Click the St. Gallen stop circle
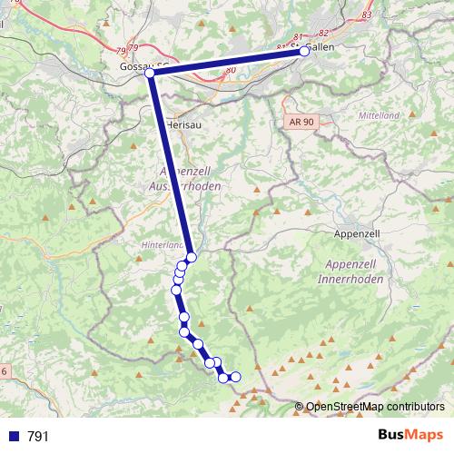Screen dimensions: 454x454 pyautogui.click(x=304, y=52)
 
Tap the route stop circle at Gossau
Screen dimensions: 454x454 pyautogui.click(x=150, y=72)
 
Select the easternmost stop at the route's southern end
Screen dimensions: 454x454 pyautogui.click(x=236, y=377)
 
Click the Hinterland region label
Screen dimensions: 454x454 pyautogui.click(x=163, y=245)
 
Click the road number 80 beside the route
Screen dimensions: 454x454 pyautogui.click(x=231, y=70)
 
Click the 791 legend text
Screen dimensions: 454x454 pyautogui.click(x=38, y=437)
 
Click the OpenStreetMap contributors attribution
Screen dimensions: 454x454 pyautogui.click(x=375, y=407)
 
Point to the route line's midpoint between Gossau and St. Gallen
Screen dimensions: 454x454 pyautogui.click(x=227, y=62)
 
